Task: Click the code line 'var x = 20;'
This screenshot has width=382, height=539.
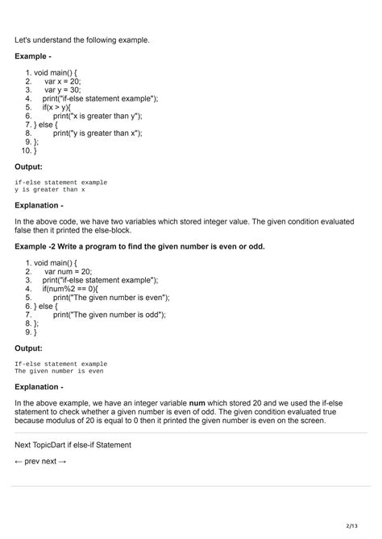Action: [62, 81]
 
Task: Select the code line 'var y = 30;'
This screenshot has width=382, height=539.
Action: [63, 90]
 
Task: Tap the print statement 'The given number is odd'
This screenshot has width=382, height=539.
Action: [109, 315]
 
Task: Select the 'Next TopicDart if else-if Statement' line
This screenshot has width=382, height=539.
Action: [73, 444]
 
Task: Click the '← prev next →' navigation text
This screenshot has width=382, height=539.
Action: [40, 461]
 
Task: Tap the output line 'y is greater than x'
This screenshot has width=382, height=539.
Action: [49, 190]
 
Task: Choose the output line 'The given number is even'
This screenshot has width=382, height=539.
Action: [59, 372]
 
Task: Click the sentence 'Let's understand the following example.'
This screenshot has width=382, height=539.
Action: [82, 39]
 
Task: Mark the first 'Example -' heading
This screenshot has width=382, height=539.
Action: [33, 56]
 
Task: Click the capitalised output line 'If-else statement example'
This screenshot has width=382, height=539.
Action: [60, 364]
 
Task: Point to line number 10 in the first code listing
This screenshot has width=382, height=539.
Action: [27, 150]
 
